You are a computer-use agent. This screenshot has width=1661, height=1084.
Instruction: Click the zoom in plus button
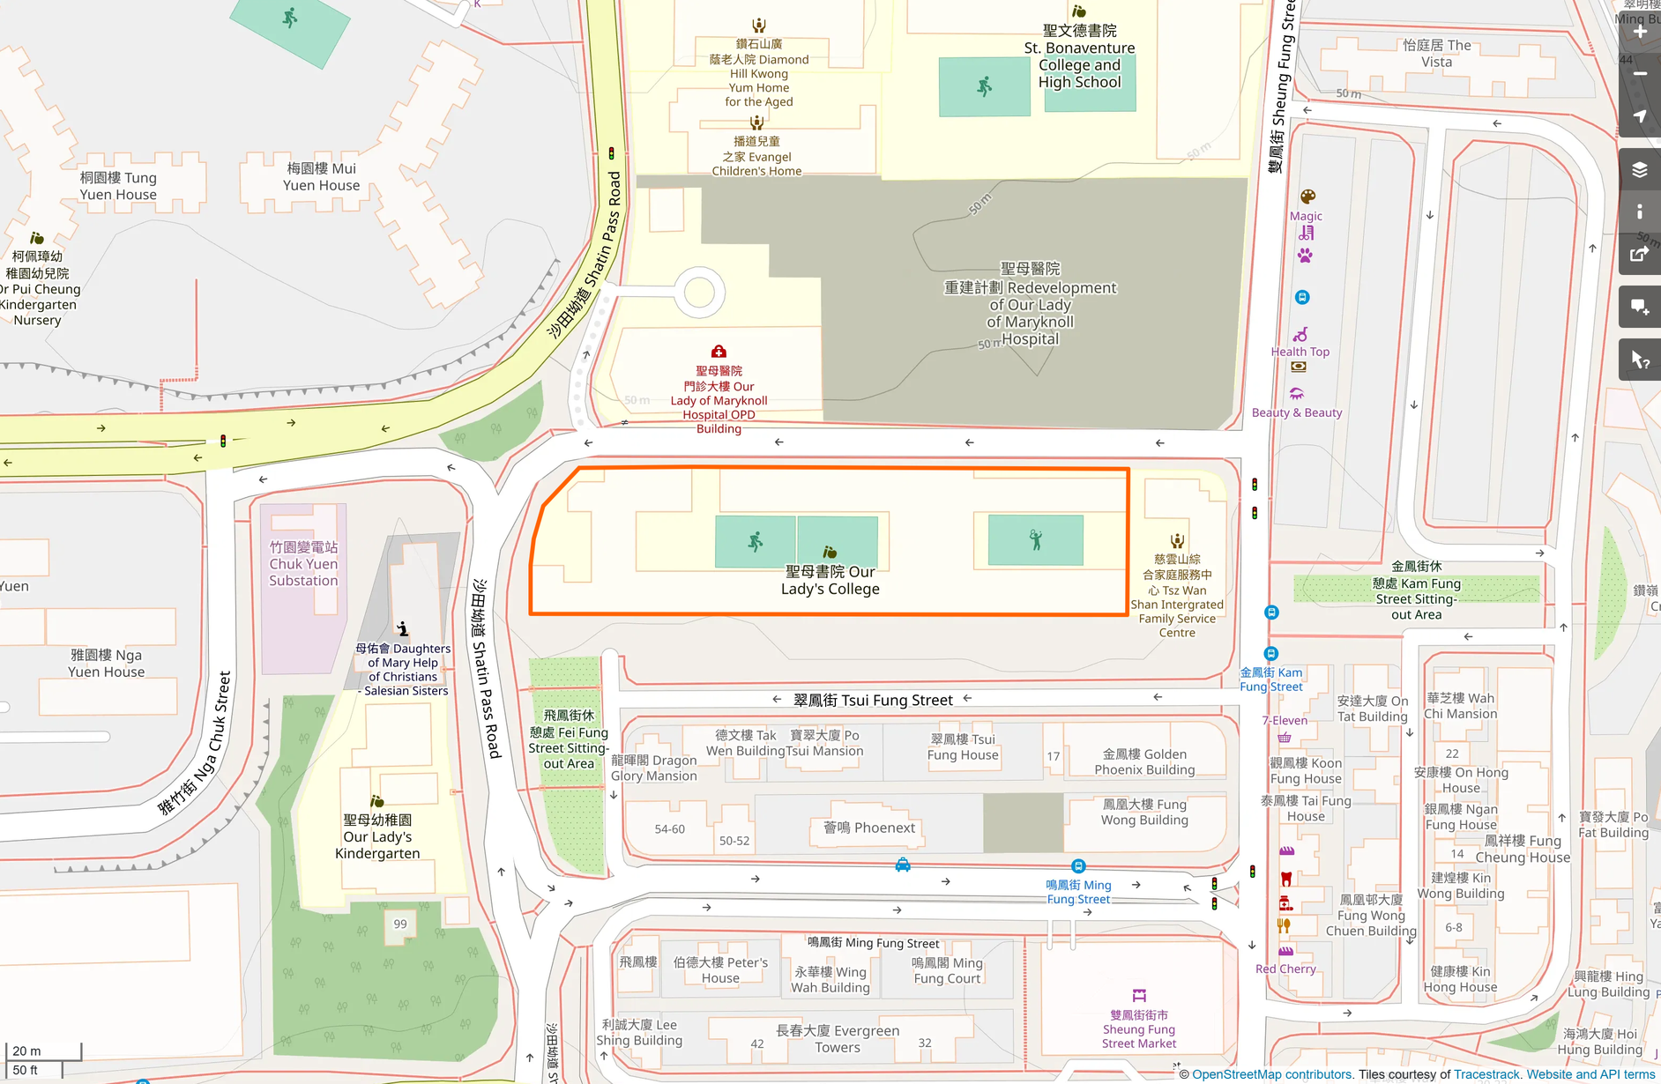coord(1640,32)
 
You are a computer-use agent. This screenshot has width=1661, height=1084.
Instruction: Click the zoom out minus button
coord(1640,74)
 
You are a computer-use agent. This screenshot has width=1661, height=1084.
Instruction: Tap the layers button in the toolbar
coord(1640,169)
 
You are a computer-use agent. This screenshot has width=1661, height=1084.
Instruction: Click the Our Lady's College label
coord(830,580)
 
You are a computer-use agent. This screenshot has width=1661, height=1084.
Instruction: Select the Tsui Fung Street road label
coord(873,700)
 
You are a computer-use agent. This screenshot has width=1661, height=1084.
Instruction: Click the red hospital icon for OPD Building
coord(719,352)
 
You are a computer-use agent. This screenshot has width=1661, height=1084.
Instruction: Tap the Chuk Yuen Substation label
coord(303,564)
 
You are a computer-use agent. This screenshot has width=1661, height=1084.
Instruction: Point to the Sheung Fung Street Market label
coord(1138,1029)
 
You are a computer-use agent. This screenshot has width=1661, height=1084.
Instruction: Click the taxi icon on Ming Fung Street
coord(903,865)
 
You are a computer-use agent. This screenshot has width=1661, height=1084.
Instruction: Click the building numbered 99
coord(400,924)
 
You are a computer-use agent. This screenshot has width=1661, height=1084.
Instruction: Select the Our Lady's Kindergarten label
coord(377,836)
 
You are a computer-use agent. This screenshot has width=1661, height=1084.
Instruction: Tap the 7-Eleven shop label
coord(1285,720)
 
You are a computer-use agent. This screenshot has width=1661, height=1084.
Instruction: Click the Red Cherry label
coord(1285,969)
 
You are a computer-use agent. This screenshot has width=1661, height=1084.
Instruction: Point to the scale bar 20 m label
coord(26,1051)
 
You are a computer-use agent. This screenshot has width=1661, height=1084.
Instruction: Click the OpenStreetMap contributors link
coord(1271,1074)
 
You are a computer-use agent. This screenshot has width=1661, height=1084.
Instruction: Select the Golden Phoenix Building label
coord(1144,762)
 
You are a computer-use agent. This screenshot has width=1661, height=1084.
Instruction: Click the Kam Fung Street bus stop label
coord(1270,679)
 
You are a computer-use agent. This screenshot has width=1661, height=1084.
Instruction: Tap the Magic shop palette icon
coord(1307,197)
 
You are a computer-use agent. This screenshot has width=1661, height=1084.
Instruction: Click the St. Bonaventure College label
coord(1079,56)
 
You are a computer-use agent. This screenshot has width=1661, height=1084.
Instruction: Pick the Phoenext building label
coord(869,828)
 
